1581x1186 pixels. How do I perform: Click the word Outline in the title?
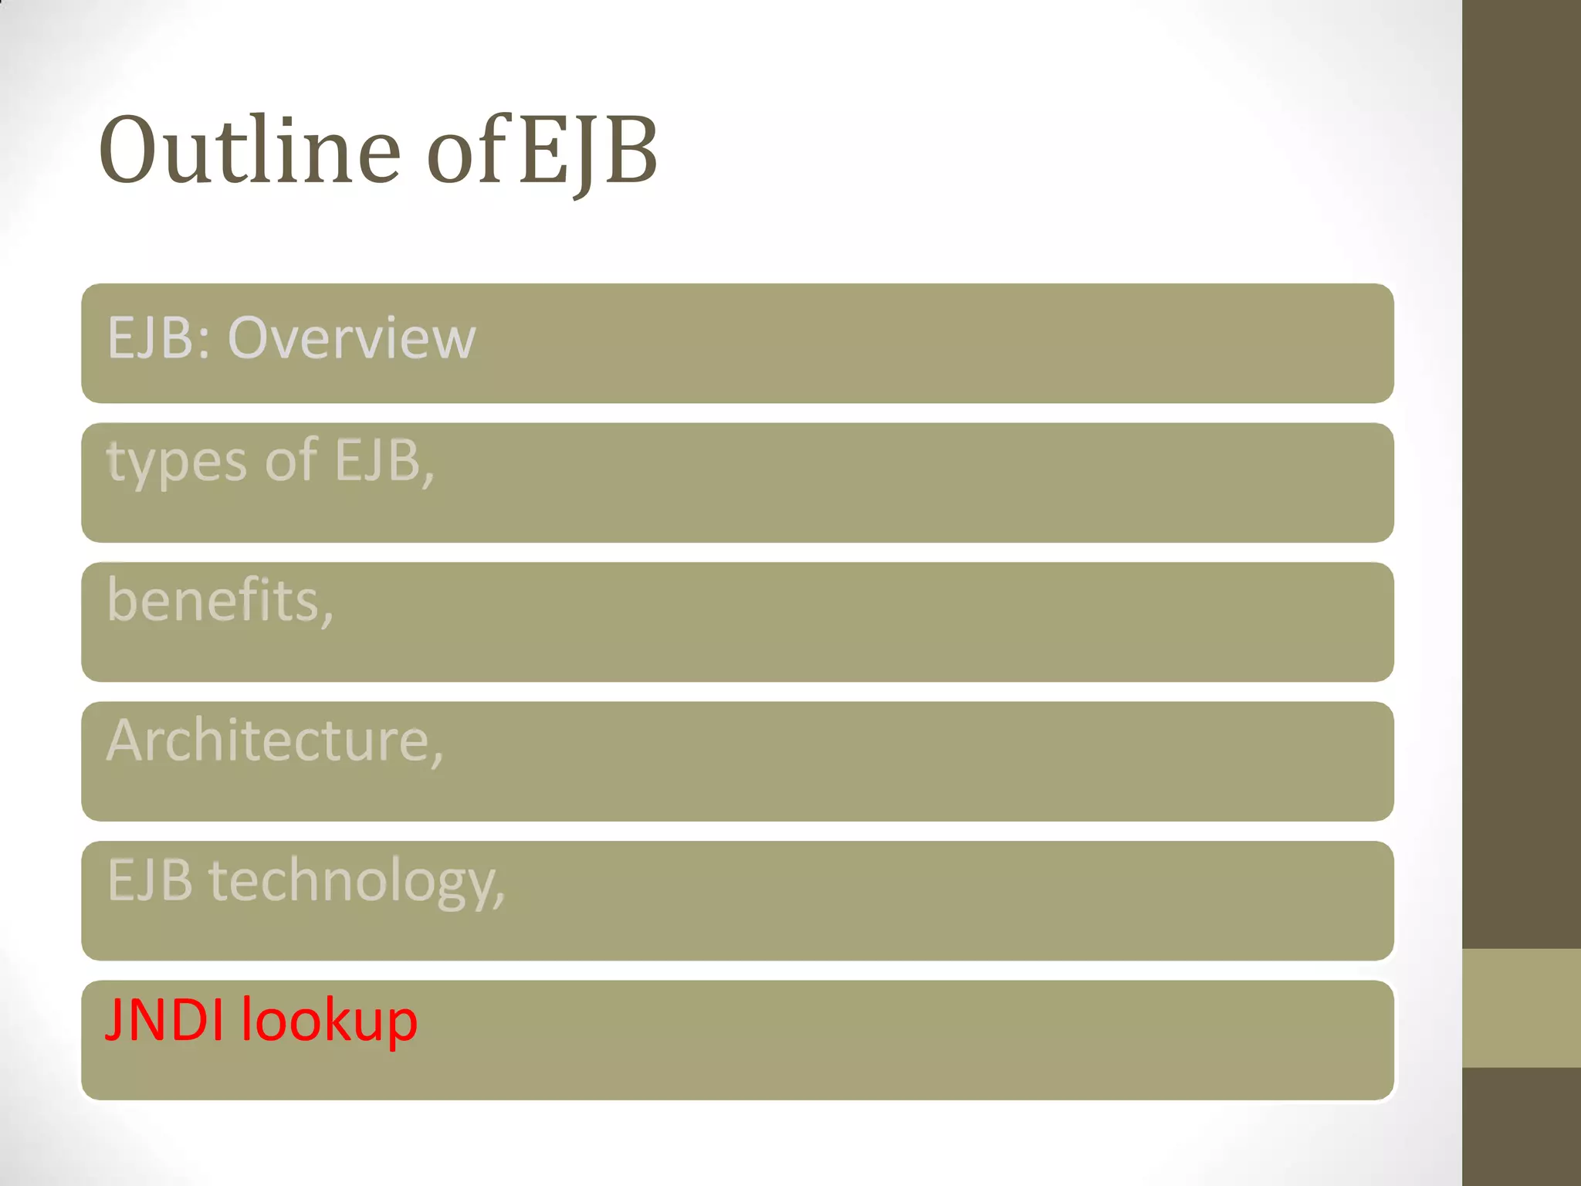249,150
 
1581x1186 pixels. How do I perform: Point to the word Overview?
351,338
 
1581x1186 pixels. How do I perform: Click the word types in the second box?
177,462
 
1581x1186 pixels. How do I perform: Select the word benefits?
215,601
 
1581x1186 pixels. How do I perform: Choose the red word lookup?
330,1022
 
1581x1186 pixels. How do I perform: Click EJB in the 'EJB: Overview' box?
150,338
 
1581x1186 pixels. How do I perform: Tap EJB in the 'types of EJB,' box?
377,460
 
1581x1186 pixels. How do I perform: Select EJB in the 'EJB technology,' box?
150,880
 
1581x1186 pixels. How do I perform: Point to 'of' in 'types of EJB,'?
291,460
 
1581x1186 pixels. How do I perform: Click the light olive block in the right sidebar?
1521,1008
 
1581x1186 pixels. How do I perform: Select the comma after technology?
499,900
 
